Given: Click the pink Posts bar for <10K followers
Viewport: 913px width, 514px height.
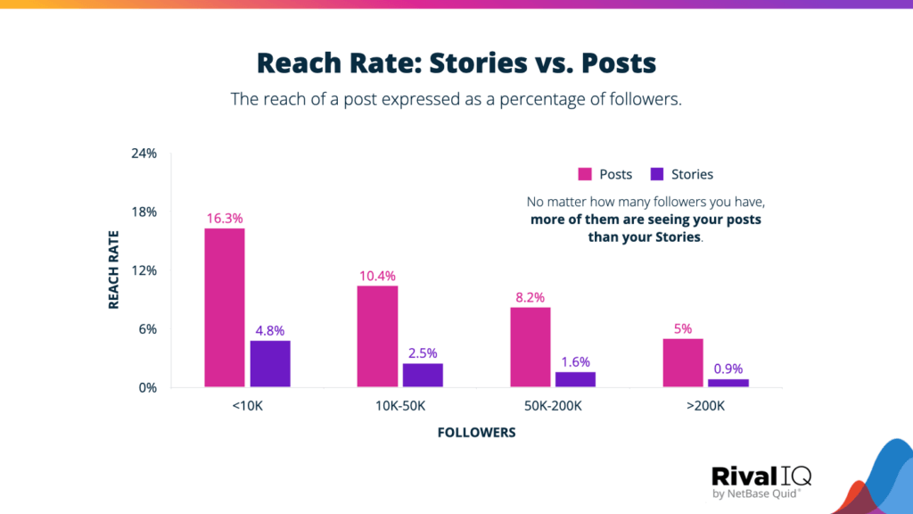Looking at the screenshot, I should [x=224, y=308].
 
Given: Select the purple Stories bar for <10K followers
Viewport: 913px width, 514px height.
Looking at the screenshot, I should [x=269, y=364].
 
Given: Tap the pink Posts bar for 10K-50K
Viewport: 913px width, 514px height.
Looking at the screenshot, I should [x=377, y=336].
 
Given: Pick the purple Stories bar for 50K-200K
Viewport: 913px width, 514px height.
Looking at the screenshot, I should [x=575, y=379].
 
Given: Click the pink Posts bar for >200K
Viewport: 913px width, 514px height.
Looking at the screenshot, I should [x=683, y=363].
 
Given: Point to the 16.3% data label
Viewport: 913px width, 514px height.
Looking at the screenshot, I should [x=224, y=218].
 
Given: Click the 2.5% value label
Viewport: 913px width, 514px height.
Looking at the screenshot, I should [x=423, y=352].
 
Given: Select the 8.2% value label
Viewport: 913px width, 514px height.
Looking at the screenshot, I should [x=530, y=297].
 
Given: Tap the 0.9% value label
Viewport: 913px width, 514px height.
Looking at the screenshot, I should [x=728, y=369].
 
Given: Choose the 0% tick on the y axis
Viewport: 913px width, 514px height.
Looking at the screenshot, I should [x=146, y=388].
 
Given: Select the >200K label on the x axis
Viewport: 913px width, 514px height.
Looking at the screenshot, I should [x=705, y=406].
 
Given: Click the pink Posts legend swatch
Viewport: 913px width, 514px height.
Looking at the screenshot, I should [x=586, y=174].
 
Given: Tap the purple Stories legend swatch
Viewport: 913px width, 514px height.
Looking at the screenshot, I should [x=658, y=174].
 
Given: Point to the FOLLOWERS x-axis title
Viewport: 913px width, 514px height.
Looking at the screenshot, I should [x=476, y=433].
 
